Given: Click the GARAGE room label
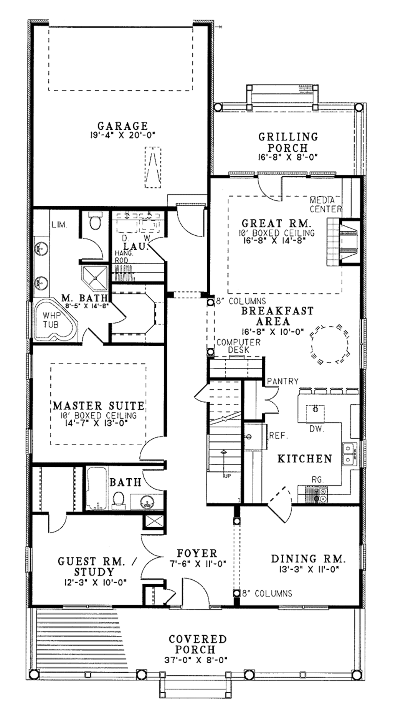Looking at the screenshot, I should pyautogui.click(x=122, y=126).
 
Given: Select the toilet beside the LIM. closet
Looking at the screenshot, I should pyautogui.click(x=94, y=221).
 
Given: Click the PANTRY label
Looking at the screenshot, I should pyautogui.click(x=282, y=381).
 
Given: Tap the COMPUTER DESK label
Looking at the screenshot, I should pyautogui.click(x=238, y=346).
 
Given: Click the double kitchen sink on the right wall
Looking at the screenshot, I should pyautogui.click(x=349, y=453).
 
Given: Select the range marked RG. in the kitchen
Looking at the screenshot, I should pyautogui.click(x=315, y=494).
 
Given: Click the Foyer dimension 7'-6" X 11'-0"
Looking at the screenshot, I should pyautogui.click(x=197, y=564).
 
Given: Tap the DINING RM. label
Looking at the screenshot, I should pyautogui.click(x=309, y=559).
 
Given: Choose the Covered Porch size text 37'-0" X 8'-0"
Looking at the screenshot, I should pyautogui.click(x=198, y=660).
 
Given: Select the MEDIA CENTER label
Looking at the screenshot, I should pyautogui.click(x=325, y=205).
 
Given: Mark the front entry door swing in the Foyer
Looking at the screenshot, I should pyautogui.click(x=196, y=593).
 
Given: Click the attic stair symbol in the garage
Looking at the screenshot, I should pyautogui.click(x=153, y=167).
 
